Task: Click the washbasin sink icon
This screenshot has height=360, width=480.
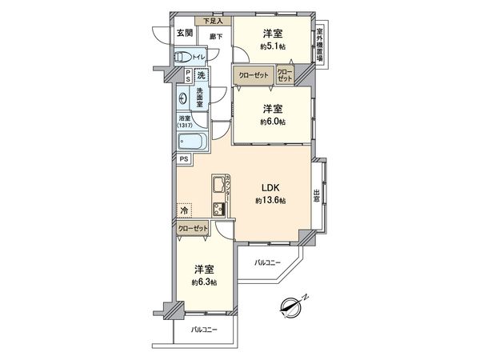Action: point(186,100)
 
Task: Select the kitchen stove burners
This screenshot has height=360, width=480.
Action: point(219,210)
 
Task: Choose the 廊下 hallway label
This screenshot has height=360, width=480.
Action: point(215,37)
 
